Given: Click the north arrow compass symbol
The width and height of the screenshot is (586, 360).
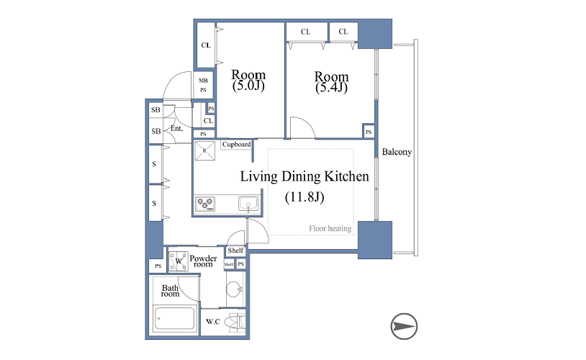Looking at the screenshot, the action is pos(404,326).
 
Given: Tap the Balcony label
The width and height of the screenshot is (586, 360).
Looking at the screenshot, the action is pos(397,152).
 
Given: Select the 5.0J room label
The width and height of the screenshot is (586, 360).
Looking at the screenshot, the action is pos(248,80).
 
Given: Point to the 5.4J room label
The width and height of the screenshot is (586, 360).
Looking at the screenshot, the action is pos(331,82).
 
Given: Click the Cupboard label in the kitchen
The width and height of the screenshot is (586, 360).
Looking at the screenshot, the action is pos(236,144).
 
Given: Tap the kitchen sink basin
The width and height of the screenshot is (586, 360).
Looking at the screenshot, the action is pos(248,204).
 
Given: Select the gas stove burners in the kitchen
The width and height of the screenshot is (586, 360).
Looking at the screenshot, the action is pos(205,204).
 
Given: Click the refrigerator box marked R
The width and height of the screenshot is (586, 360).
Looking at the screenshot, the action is pos(204,150).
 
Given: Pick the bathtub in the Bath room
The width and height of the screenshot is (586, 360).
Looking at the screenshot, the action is pos(174,318).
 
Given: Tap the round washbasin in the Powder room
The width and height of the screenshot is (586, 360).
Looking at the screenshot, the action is pos(234,289).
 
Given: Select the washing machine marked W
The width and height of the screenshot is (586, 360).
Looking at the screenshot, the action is pos(179,261).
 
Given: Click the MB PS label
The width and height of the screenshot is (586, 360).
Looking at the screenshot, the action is pos(203,85).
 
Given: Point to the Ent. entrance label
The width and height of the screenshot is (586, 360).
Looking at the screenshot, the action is pos(177,129).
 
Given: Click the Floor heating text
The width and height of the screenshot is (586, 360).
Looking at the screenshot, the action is pos(330,228).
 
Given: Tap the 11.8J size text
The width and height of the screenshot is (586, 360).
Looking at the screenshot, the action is pos(305,197).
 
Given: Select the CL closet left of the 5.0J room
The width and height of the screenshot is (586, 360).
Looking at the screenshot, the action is pos(206,45).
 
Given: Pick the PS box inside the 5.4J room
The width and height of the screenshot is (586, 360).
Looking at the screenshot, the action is pos(369,132).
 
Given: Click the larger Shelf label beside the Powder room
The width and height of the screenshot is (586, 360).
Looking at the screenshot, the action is pos(235,251).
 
